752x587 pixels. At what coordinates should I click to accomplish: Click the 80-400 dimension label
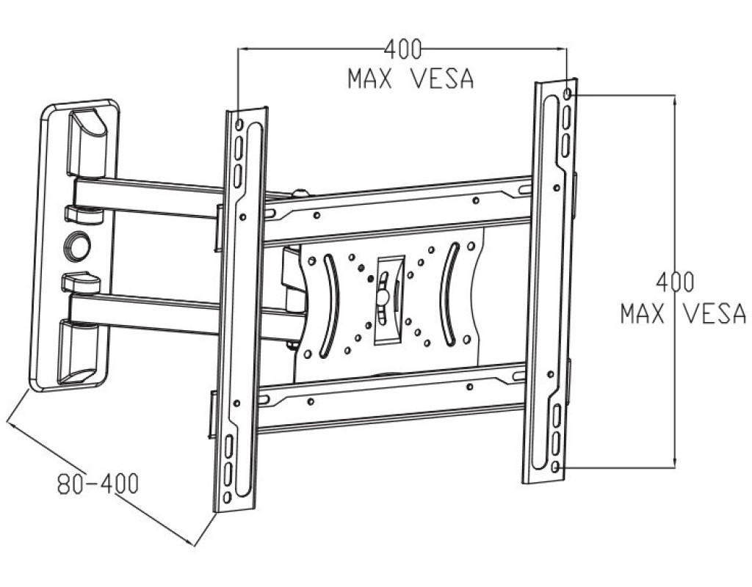coord(98,484)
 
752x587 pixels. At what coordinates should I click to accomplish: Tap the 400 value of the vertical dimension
coord(676,282)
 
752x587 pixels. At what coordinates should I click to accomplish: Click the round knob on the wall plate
coord(76,246)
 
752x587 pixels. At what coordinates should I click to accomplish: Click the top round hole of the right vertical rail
coord(569,94)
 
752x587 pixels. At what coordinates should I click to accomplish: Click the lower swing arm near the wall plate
coord(147,312)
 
